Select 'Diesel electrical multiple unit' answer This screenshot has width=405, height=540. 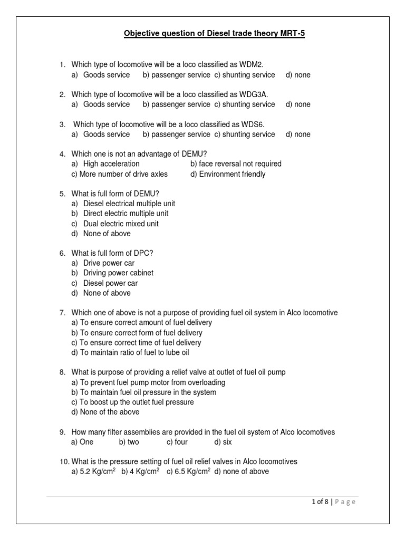pos(129,204)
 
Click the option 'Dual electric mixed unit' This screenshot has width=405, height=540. pos(120,224)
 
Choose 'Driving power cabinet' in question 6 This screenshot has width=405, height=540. pos(118,273)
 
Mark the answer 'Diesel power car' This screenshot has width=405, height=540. pos(110,283)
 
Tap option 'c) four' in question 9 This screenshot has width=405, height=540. pos(177,442)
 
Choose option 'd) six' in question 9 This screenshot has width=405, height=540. pos(223,442)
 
